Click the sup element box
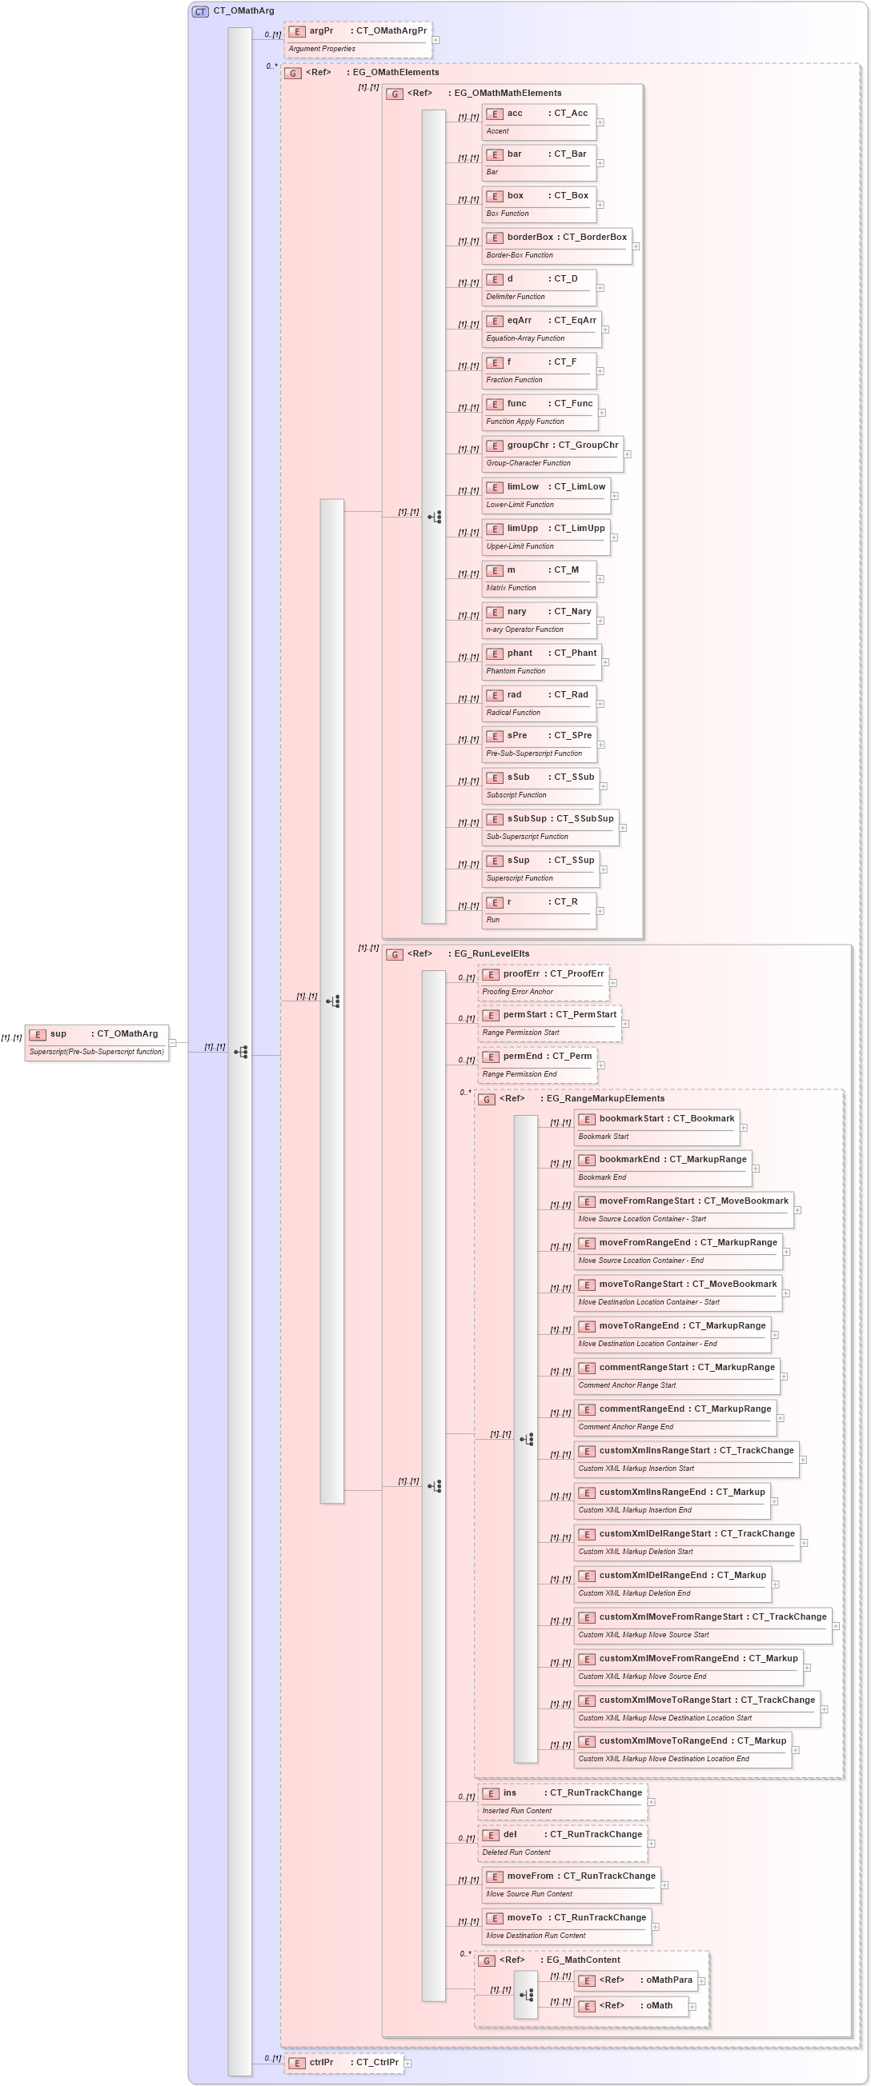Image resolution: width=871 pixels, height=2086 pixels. pyautogui.click(x=96, y=1042)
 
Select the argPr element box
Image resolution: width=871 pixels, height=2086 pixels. pyautogui.click(x=357, y=39)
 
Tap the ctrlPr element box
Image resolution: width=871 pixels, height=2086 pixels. pyautogui.click(x=343, y=2063)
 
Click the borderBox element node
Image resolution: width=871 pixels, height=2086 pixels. pyautogui.click(x=556, y=246)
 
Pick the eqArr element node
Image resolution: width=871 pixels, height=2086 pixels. pyautogui.click(x=540, y=329)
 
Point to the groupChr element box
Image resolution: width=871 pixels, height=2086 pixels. pyautogui.click(x=552, y=454)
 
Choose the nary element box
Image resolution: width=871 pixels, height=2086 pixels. pyautogui.click(x=538, y=620)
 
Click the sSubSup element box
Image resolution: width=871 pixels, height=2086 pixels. pyautogui.click(x=550, y=827)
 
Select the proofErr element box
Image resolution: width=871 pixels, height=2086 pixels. pyautogui.click(x=544, y=981)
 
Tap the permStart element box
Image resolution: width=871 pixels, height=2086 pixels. pyautogui.click(x=549, y=1023)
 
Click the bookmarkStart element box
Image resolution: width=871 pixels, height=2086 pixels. pyautogui.click(x=656, y=1126)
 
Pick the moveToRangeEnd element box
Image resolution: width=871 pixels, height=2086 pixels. pyautogui.click(x=672, y=1333)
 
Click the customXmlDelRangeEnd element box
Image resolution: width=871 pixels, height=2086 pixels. pyautogui.click(x=672, y=1583)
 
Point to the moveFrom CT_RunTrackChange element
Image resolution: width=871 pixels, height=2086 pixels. pyautogui.click(x=571, y=1884)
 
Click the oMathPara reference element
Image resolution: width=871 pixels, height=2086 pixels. pyautogui.click(x=635, y=1980)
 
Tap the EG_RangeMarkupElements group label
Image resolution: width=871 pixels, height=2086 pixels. pyautogui.click(x=604, y=1098)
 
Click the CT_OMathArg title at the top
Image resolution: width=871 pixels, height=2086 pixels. pyautogui.click(x=243, y=10)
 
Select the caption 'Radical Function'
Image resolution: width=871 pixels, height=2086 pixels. pyautogui.click(x=513, y=713)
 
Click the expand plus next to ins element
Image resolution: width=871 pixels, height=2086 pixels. pyautogui.click(x=651, y=1802)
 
